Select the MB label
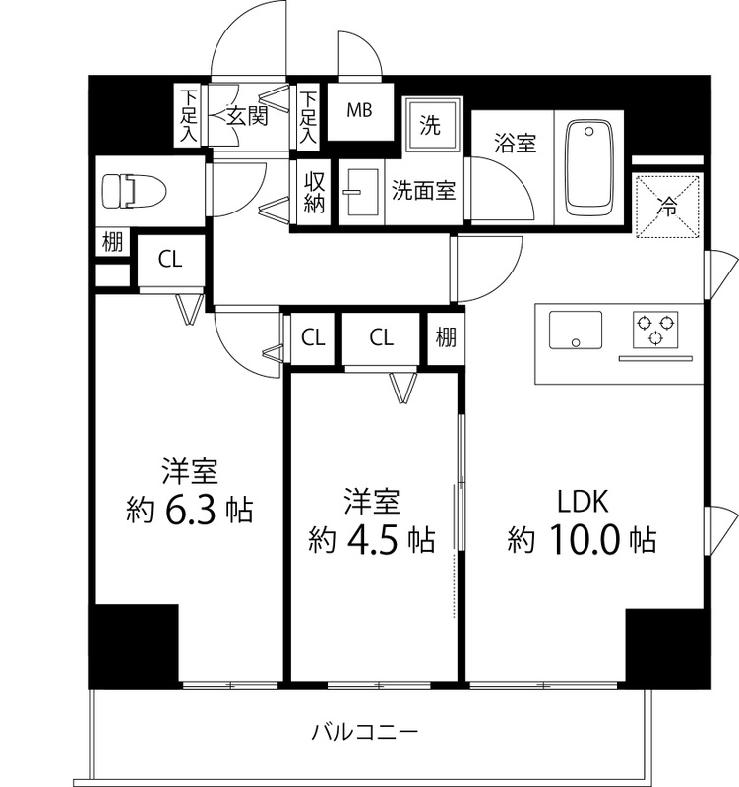tap(358, 109)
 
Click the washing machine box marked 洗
tap(430, 125)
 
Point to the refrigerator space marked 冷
tap(667, 207)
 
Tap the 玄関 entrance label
tap(247, 116)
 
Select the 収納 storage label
tap(314, 193)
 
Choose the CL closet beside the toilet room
tap(170, 260)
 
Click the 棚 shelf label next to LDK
tap(446, 338)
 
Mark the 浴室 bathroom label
tap(514, 143)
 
